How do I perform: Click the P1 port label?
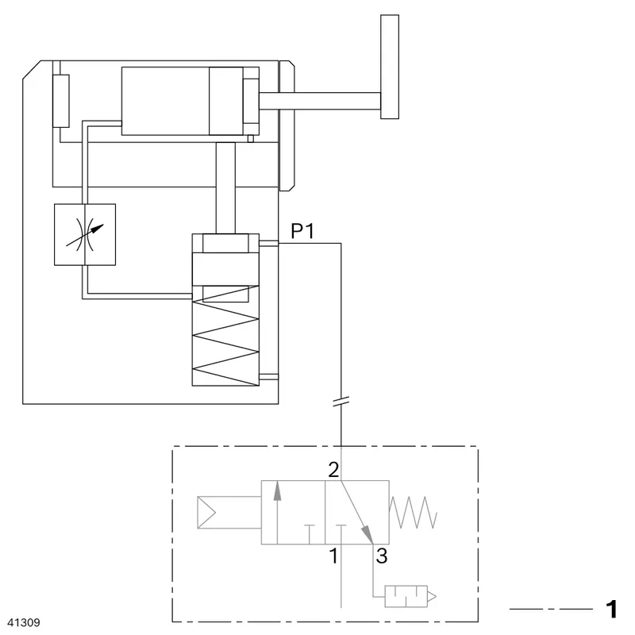click(x=302, y=231)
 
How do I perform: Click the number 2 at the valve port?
click(x=333, y=470)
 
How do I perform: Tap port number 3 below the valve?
click(x=382, y=556)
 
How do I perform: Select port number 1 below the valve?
click(x=333, y=556)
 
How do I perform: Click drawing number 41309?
click(x=24, y=622)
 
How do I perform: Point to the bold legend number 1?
click(x=611, y=609)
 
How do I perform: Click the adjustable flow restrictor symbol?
click(x=85, y=234)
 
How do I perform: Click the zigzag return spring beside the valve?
click(x=413, y=512)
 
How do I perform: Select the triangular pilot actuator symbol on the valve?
click(x=206, y=512)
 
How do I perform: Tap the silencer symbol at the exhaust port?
click(x=410, y=596)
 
